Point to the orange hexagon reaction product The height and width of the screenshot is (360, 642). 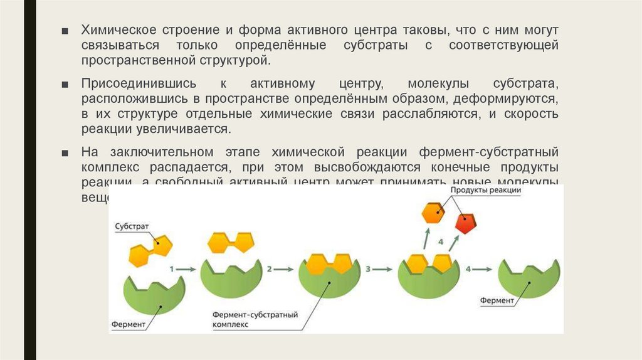point(433,213)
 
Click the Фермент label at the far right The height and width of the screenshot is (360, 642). point(497,300)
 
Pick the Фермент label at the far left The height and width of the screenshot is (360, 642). point(129,324)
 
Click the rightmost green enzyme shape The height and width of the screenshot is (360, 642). point(529,278)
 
